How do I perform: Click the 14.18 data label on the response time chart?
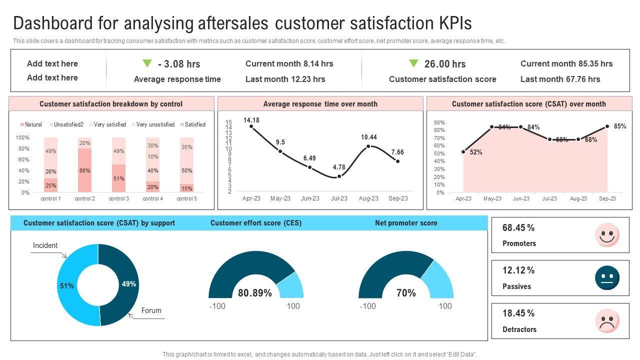[x=251, y=120]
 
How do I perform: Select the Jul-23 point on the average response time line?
[x=339, y=176]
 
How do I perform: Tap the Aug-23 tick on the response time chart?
[x=368, y=198]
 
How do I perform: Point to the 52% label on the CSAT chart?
[x=476, y=152]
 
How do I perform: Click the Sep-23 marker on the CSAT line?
[x=607, y=126]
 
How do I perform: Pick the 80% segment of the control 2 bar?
[x=84, y=170]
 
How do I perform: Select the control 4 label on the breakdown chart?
[x=152, y=198]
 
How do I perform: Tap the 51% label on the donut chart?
[x=67, y=286]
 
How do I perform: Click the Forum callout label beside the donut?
[x=151, y=310]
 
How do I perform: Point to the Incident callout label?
[x=45, y=245]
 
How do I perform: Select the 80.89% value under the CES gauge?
[x=255, y=293]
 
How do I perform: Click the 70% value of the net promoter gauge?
[x=406, y=293]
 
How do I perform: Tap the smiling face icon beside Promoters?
[x=607, y=235]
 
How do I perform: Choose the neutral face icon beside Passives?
[x=607, y=278]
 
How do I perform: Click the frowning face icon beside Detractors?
[x=607, y=321]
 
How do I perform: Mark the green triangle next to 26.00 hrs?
[x=413, y=63]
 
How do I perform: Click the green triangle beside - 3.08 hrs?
[x=146, y=63]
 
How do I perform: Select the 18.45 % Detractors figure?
[x=518, y=313]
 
